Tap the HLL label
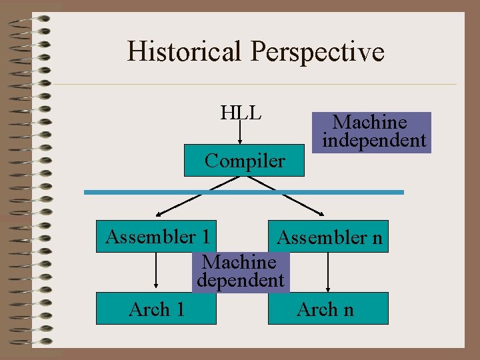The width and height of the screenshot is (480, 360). (x=241, y=112)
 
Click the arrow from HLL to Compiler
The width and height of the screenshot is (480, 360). (x=241, y=133)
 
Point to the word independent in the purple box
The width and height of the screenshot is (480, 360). (x=373, y=141)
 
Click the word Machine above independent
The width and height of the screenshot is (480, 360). (x=369, y=122)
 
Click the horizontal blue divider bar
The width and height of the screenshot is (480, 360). (x=243, y=192)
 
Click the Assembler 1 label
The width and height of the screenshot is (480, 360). (x=158, y=237)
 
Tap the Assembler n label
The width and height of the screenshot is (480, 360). (x=329, y=238)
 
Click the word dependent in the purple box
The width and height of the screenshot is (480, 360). (x=241, y=281)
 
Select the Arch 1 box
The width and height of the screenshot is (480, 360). (x=157, y=309)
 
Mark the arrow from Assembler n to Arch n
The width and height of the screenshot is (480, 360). (x=328, y=272)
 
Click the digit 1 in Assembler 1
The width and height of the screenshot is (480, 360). (x=205, y=237)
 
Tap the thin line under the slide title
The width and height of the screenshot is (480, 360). (x=253, y=85)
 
